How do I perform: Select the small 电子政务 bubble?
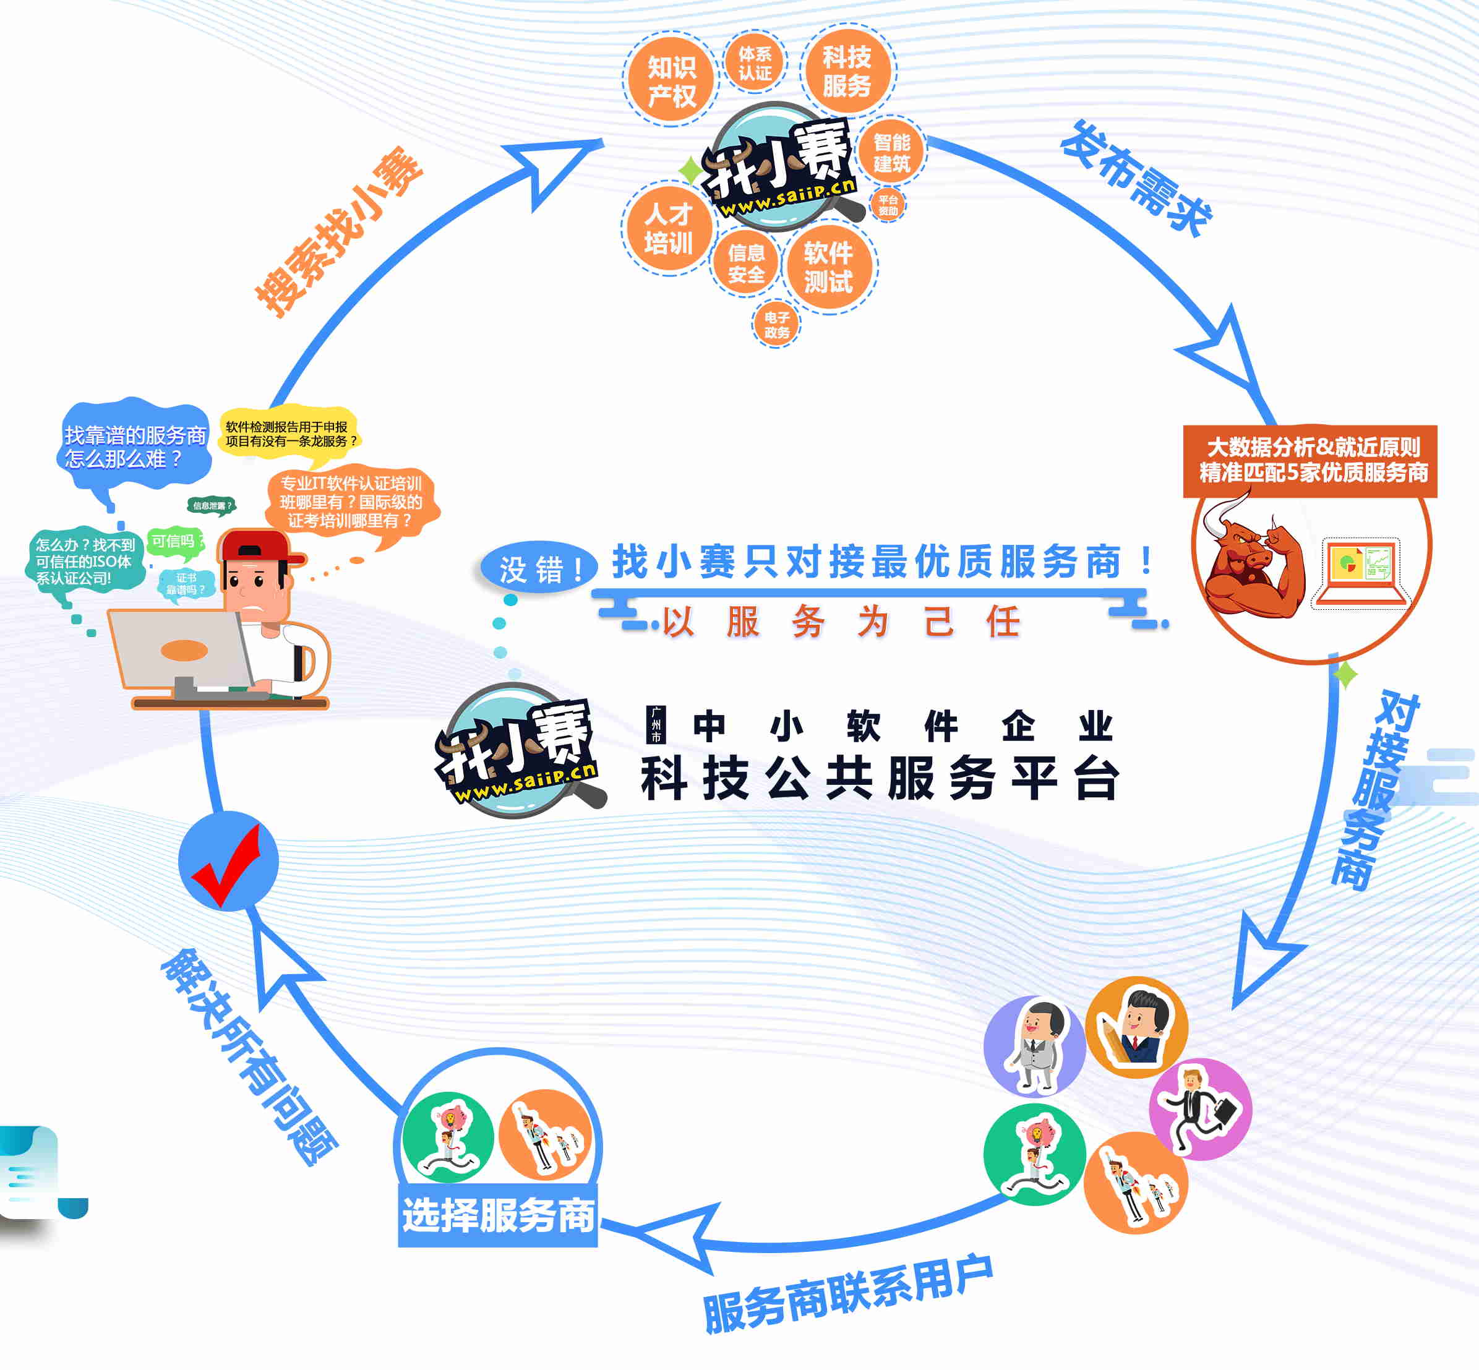click(x=776, y=325)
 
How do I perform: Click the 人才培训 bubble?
click(x=668, y=228)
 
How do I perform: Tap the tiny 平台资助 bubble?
click(x=888, y=205)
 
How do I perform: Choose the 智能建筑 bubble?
click(x=891, y=153)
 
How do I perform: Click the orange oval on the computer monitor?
click(x=184, y=650)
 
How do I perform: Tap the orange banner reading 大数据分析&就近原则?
click(x=1310, y=460)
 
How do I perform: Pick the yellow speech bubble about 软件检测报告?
click(x=289, y=434)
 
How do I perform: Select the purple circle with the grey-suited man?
click(x=1035, y=1046)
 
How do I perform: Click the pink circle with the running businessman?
click(x=1199, y=1109)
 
